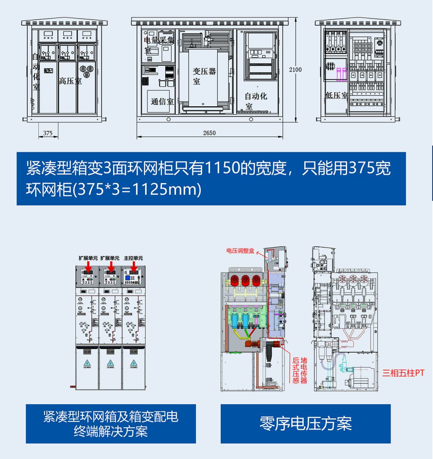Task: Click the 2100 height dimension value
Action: point(295,70)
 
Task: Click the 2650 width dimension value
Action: point(209,133)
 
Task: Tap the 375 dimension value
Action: point(48,133)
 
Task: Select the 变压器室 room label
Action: point(204,75)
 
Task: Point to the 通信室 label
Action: point(162,101)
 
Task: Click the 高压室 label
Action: point(70,81)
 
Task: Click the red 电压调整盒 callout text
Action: point(241,251)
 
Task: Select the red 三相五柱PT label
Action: point(403,373)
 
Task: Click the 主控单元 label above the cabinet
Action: point(133,258)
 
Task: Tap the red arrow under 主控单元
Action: point(134,267)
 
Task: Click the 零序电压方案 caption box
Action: point(306,424)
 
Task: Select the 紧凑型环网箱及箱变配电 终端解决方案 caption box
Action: point(111,424)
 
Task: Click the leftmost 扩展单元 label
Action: point(88,258)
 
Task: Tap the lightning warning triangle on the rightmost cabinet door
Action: point(134,363)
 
